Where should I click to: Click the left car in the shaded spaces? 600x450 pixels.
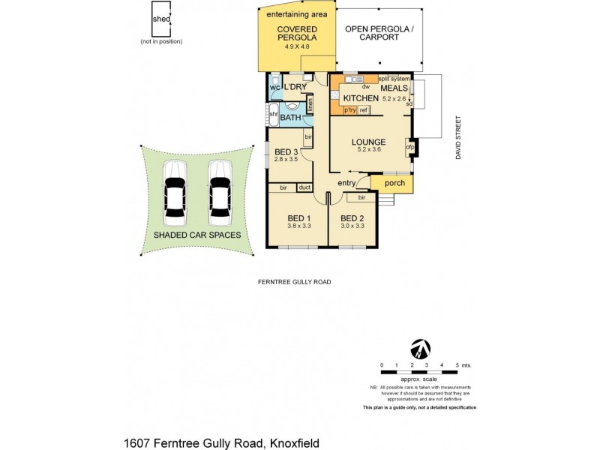175,197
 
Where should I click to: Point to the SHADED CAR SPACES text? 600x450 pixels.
197,235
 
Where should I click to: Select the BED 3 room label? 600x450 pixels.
286,151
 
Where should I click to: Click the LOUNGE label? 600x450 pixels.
367,142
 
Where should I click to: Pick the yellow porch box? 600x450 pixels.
394,184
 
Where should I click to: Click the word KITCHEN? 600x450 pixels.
361,98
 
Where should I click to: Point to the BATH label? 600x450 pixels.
290,118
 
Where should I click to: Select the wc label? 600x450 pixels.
274,87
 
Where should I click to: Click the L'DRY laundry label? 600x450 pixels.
295,88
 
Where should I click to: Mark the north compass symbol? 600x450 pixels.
421,349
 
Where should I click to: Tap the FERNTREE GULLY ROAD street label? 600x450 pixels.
290,282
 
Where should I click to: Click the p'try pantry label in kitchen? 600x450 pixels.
349,111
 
